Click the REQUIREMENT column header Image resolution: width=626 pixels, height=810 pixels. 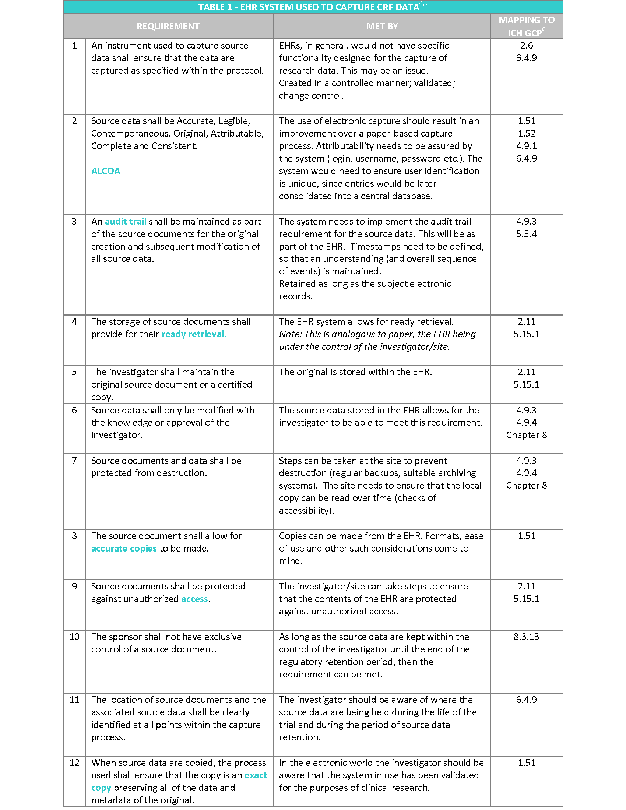(x=168, y=27)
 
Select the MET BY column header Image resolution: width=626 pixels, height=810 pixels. (x=381, y=27)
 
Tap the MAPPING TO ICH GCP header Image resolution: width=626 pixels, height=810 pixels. (x=526, y=27)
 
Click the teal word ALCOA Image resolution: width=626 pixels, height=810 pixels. (x=106, y=171)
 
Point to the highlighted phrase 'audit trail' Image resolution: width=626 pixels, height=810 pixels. (x=125, y=221)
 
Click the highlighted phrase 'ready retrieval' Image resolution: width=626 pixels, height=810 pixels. (x=193, y=334)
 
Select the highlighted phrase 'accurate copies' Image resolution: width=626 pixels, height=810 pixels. (x=124, y=548)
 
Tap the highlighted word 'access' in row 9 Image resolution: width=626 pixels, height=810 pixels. (x=194, y=599)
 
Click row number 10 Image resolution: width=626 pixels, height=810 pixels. (x=74, y=637)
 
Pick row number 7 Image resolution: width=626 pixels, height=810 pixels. (x=74, y=461)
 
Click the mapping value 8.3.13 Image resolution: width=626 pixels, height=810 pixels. (x=526, y=637)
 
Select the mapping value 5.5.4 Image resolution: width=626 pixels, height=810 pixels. (x=526, y=234)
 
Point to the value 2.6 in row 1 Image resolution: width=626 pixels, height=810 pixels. (x=526, y=46)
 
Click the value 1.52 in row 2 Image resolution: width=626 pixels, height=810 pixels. (x=526, y=134)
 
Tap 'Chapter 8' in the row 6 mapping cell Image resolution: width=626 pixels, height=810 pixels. (x=526, y=435)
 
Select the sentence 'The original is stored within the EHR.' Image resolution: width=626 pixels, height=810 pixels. (x=355, y=372)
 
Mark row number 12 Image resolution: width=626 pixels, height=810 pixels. (x=74, y=763)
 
